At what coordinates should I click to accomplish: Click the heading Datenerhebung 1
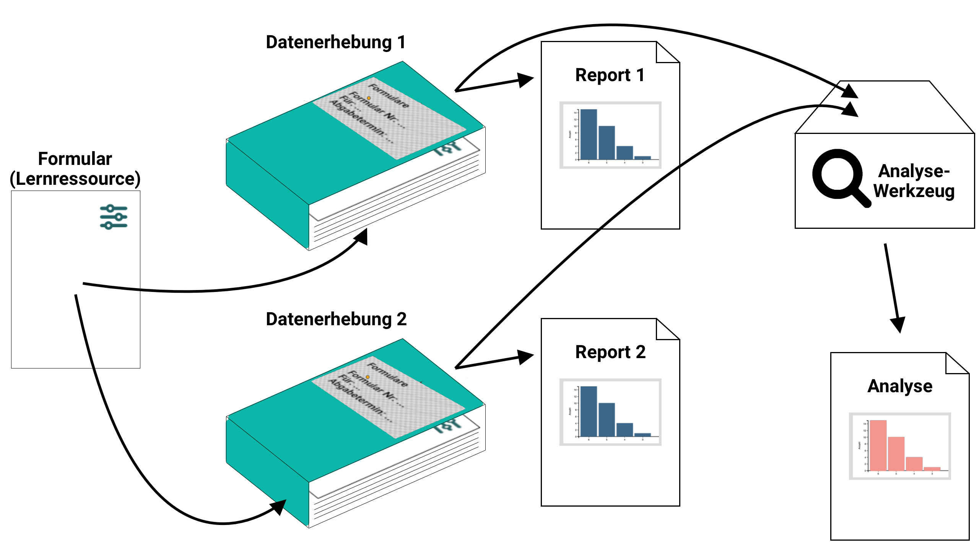point(335,42)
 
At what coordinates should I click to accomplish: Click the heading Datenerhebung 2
point(336,320)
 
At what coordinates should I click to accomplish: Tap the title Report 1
point(610,75)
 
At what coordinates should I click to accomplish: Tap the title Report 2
point(610,352)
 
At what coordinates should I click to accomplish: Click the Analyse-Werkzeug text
point(914,181)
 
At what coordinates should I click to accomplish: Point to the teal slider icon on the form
point(113,217)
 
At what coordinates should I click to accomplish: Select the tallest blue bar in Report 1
point(589,134)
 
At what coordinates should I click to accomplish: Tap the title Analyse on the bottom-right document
point(899,386)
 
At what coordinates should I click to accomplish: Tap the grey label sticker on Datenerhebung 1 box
point(388,117)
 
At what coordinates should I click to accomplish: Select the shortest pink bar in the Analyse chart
point(932,469)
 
